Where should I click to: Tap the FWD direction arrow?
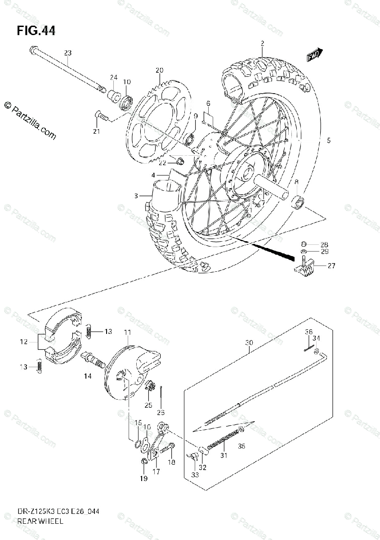314,55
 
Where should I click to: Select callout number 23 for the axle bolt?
67,53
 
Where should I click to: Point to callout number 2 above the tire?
261,44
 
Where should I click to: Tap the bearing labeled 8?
297,202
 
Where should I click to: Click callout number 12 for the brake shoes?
24,342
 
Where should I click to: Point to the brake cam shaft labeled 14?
92,360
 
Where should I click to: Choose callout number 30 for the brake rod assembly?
249,342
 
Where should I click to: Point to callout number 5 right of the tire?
329,140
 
